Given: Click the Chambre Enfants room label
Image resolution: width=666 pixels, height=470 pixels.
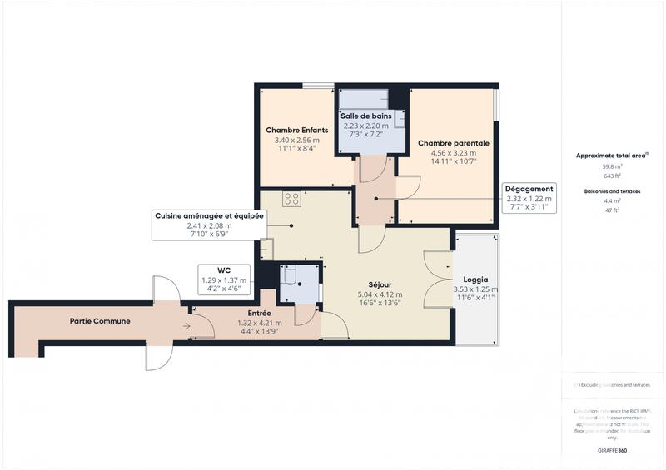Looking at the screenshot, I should point(296,131).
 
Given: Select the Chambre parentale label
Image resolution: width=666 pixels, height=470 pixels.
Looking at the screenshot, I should point(453,143).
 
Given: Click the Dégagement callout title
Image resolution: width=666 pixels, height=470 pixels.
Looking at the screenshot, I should point(529,189).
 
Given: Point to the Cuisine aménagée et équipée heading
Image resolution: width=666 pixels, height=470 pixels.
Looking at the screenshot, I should point(208,215).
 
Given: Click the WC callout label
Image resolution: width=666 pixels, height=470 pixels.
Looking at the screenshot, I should point(223,270).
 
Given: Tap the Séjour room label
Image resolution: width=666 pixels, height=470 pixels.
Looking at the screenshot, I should point(380,284).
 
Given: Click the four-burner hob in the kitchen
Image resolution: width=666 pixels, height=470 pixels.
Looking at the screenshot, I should point(292,199).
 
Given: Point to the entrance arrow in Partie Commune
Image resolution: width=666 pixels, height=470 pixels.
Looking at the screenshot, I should point(186,326).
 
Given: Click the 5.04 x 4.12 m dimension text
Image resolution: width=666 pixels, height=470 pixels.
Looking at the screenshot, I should point(379,294).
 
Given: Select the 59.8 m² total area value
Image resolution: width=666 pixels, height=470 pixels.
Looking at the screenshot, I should point(611,166).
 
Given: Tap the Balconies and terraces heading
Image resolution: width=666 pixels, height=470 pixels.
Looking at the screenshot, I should point(611,191).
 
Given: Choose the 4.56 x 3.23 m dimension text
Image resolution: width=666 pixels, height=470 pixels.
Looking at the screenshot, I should point(453,153).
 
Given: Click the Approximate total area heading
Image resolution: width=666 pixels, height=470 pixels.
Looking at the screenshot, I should point(610,156).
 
